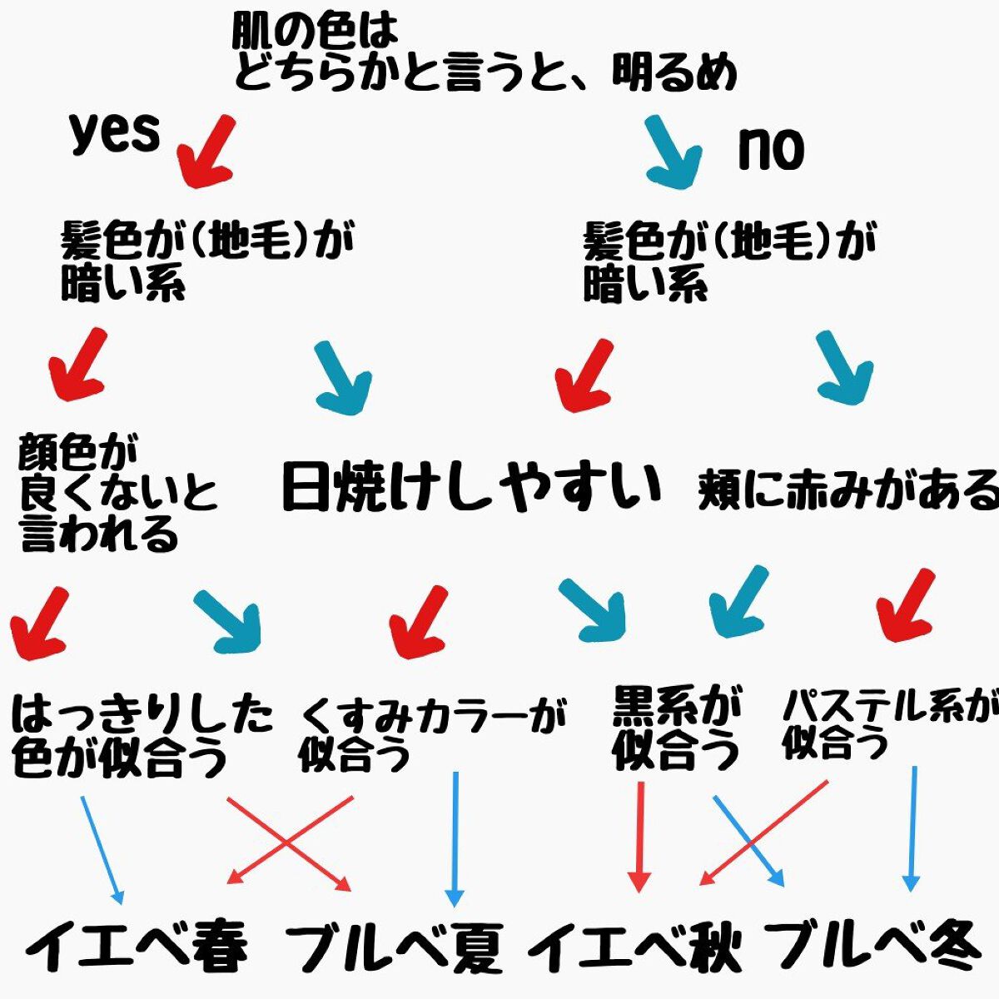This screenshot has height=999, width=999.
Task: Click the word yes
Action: click(114, 133)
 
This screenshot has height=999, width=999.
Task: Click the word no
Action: click(771, 150)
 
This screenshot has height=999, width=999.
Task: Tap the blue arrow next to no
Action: click(673, 150)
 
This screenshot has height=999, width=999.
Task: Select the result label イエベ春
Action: click(137, 947)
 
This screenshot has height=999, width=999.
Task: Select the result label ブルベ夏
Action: click(395, 948)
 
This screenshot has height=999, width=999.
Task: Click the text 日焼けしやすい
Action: click(471, 486)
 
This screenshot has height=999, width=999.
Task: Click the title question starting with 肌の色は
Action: click(483, 54)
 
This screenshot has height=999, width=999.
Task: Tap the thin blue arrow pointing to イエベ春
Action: click(102, 849)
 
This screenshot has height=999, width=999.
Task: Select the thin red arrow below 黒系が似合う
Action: click(639, 837)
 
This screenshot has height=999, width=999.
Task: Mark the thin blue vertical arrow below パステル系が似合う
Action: click(913, 828)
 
